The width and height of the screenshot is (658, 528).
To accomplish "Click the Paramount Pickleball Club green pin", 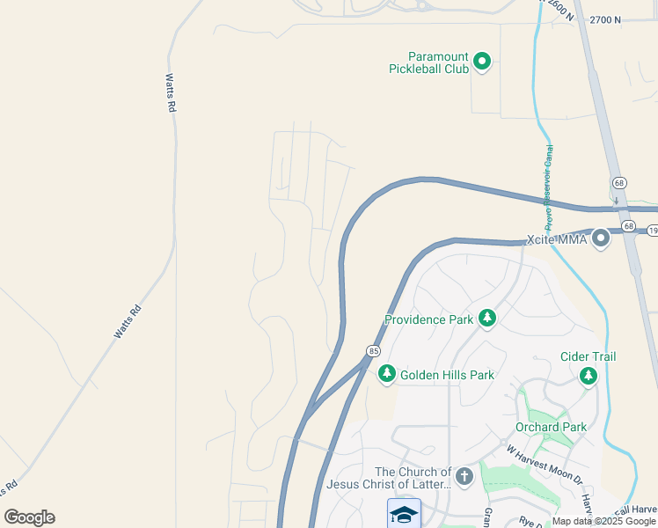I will (481, 61).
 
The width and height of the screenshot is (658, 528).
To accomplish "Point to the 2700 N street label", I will (605, 19).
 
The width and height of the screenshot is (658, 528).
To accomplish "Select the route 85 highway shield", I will (374, 351).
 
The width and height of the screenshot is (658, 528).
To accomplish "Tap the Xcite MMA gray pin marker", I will (601, 238).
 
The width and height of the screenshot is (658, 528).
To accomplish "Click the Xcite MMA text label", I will (556, 239).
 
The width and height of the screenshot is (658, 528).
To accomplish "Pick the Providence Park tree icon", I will (487, 319).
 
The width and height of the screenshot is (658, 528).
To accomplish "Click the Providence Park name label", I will (428, 319).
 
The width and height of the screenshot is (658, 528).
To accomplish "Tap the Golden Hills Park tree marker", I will (386, 375).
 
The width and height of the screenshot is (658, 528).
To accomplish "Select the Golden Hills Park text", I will (447, 375).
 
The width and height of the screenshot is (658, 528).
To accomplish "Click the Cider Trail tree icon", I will (588, 376).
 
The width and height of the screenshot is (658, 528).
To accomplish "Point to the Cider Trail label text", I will (588, 356).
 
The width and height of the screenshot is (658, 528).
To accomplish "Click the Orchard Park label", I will (551, 428).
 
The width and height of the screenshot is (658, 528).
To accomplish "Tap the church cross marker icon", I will (464, 477).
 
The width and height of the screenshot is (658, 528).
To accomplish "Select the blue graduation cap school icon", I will (404, 513).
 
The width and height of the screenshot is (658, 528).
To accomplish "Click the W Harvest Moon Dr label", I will (544, 465).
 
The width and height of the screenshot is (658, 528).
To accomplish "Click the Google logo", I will (29, 517).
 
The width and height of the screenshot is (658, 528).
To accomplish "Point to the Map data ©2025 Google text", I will (603, 521).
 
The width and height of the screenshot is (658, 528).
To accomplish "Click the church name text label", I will (389, 478).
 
